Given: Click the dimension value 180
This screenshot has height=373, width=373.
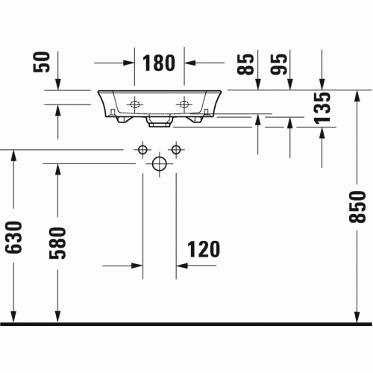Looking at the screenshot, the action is click(159, 63).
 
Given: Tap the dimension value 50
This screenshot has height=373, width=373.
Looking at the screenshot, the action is click(42, 62).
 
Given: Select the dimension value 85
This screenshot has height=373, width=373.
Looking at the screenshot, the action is click(245, 64).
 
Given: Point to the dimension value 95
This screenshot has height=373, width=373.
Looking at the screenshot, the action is click(278, 64).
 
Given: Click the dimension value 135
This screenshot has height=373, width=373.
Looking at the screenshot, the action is click(322, 108).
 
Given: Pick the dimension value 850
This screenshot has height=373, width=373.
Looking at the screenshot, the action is click(357, 207).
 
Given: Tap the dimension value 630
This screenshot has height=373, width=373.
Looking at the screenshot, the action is click(13, 237).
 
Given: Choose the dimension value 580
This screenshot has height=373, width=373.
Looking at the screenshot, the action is click(57, 243).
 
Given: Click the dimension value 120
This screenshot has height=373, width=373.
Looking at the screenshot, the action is click(204, 249).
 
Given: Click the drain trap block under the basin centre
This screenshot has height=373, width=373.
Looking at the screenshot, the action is click(160, 121).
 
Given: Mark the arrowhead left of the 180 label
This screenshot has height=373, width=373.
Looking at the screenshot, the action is click(129, 63).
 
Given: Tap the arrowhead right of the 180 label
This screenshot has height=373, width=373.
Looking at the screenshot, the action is click(189, 63).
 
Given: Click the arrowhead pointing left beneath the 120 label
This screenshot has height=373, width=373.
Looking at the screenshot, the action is click(182, 266).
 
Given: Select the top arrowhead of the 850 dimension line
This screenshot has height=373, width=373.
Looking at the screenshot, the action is click(357, 96).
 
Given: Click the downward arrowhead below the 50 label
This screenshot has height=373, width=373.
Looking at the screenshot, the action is click(58, 84).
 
